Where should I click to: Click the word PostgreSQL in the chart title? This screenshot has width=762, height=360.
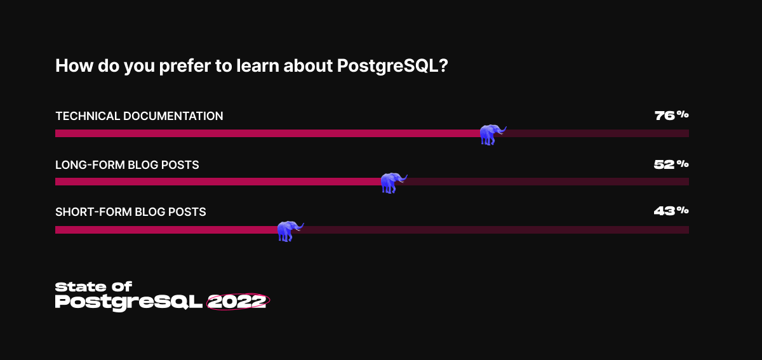(x=388, y=67)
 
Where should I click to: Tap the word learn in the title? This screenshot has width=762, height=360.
(x=257, y=65)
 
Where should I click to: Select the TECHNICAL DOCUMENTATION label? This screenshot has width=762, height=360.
(x=139, y=116)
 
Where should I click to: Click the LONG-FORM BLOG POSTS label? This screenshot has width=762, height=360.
(x=127, y=164)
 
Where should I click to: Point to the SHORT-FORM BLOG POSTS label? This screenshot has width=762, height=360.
(x=131, y=211)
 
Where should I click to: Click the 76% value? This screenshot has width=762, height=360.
(x=672, y=116)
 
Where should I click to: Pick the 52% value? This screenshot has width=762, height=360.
(x=671, y=164)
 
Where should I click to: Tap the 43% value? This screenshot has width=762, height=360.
(x=671, y=211)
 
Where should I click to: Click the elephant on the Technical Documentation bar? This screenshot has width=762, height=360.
(x=493, y=135)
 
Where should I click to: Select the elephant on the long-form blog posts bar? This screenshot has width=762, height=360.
(x=394, y=183)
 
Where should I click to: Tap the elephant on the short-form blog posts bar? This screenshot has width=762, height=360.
(x=290, y=231)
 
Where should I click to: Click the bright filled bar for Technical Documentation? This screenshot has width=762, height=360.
(x=268, y=133)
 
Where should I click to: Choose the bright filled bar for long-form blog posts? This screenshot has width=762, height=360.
(x=218, y=182)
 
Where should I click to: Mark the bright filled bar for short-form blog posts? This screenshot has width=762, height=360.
(x=166, y=230)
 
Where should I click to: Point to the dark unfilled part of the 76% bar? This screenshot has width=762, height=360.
(x=597, y=133)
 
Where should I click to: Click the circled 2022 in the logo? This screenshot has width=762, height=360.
(x=238, y=302)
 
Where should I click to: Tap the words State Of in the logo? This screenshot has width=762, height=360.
(x=93, y=287)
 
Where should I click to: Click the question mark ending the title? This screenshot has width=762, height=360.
(x=444, y=65)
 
